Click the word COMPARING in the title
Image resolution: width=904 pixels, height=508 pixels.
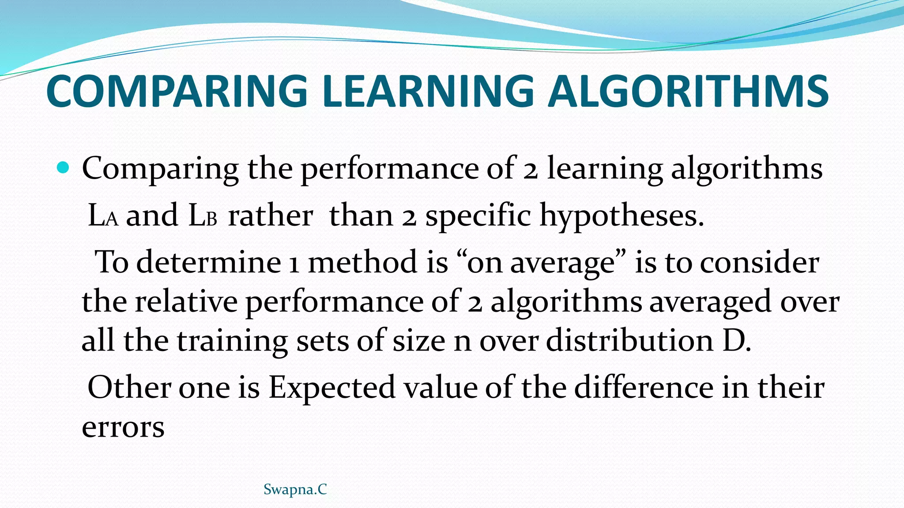tap(177, 91)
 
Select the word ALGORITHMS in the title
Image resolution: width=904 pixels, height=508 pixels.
tap(688, 91)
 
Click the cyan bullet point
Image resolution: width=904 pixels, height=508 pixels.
tap(64, 168)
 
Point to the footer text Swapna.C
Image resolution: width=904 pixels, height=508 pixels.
tap(295, 489)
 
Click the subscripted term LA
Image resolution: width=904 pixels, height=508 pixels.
tap(103, 216)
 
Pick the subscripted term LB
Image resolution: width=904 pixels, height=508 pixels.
tap(203, 216)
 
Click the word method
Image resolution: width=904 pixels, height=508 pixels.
tap(362, 262)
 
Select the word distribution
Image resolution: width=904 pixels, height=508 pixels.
tap(629, 340)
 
